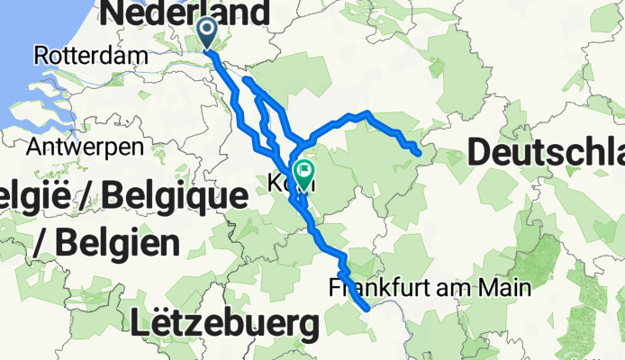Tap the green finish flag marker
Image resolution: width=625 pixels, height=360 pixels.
305,172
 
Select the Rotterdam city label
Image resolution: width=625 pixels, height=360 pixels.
91,56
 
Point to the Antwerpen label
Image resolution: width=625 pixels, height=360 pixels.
86,145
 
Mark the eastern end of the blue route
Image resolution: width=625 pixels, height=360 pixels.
419,154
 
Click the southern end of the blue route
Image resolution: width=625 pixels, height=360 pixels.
367,309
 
